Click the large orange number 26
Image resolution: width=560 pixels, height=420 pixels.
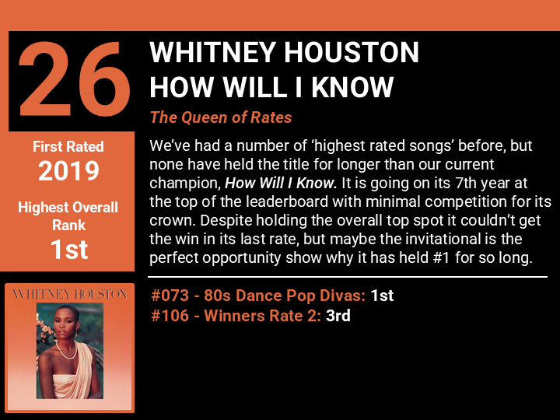point(75,79)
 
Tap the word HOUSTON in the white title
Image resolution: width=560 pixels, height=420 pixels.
point(351,52)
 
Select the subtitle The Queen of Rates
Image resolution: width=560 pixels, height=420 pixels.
point(221,117)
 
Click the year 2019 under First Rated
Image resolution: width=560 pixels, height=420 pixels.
point(68,170)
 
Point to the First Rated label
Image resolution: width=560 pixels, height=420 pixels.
point(68,146)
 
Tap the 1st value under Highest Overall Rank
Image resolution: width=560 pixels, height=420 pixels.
point(69,250)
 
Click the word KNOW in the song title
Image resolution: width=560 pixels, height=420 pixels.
point(352,87)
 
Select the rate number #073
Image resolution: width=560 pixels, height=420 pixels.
point(170,296)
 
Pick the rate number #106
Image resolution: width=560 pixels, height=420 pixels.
point(170,315)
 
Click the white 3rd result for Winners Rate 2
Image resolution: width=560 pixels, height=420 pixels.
point(338,315)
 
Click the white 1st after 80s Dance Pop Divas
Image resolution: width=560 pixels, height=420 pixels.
point(382,296)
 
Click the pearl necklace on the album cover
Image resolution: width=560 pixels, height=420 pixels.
point(66,351)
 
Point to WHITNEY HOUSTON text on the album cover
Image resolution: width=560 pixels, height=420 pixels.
point(70,294)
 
